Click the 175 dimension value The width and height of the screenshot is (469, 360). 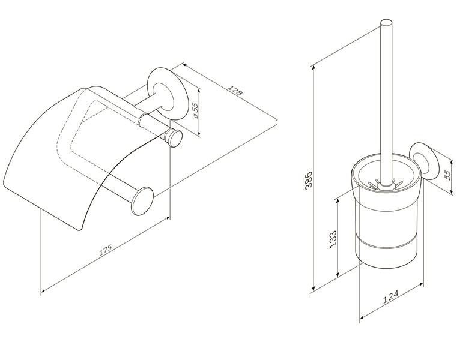[106, 250]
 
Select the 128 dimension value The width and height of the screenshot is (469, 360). [235, 90]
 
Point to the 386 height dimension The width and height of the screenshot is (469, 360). [309, 179]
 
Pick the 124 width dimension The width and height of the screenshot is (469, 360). [391, 297]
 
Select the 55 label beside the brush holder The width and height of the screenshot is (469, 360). [447, 175]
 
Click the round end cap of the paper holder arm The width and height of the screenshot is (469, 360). [142, 200]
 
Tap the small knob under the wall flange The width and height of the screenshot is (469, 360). [174, 137]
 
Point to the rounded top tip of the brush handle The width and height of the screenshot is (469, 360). [386, 22]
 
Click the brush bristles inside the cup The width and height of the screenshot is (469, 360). [384, 184]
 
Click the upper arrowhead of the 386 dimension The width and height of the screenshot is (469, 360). [313, 68]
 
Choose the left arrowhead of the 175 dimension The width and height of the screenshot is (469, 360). [44, 290]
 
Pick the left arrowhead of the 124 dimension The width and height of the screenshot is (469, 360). [362, 317]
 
